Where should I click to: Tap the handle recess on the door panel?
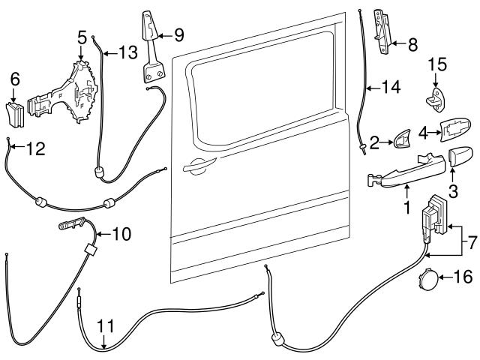click(197, 166)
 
